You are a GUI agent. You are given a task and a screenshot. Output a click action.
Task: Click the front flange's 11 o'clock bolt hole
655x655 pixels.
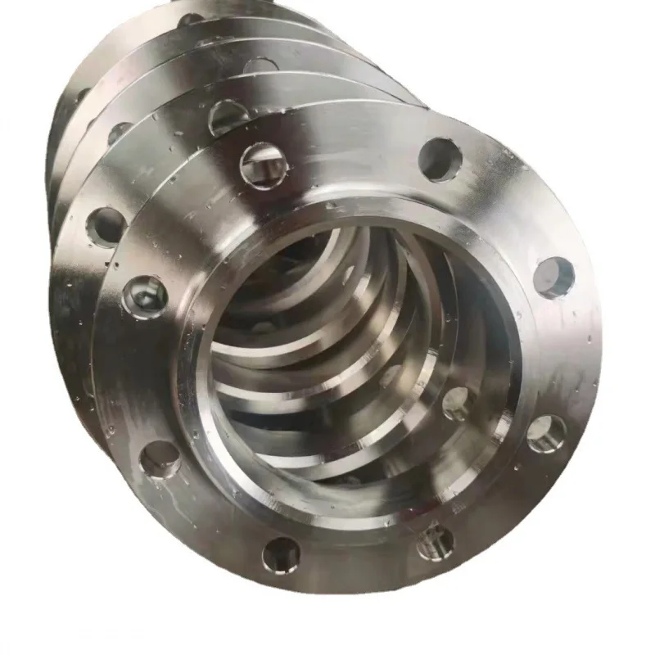(x=262, y=165)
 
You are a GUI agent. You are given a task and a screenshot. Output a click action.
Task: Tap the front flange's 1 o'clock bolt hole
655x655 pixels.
(x=440, y=159)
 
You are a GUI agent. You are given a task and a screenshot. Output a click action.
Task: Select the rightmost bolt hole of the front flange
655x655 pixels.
(x=553, y=277)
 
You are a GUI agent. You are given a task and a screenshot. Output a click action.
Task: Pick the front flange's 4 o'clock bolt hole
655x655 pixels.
(x=546, y=433)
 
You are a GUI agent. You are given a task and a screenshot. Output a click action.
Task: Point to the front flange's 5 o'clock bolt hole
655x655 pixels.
(x=434, y=541)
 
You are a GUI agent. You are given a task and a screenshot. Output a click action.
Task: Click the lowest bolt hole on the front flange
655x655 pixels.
(x=281, y=555)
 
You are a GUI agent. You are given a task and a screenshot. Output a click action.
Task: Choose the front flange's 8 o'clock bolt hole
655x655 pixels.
(x=160, y=458)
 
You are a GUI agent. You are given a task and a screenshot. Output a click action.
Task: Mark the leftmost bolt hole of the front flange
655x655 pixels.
(x=146, y=296)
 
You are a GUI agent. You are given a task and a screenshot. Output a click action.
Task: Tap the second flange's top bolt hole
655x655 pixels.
(x=228, y=116)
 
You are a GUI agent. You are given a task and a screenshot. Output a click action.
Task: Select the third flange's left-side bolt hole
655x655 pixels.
(x=120, y=131)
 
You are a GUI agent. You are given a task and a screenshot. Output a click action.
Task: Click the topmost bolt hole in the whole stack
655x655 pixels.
(x=190, y=18)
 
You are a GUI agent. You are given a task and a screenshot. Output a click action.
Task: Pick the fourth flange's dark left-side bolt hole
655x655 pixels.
(x=81, y=96)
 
